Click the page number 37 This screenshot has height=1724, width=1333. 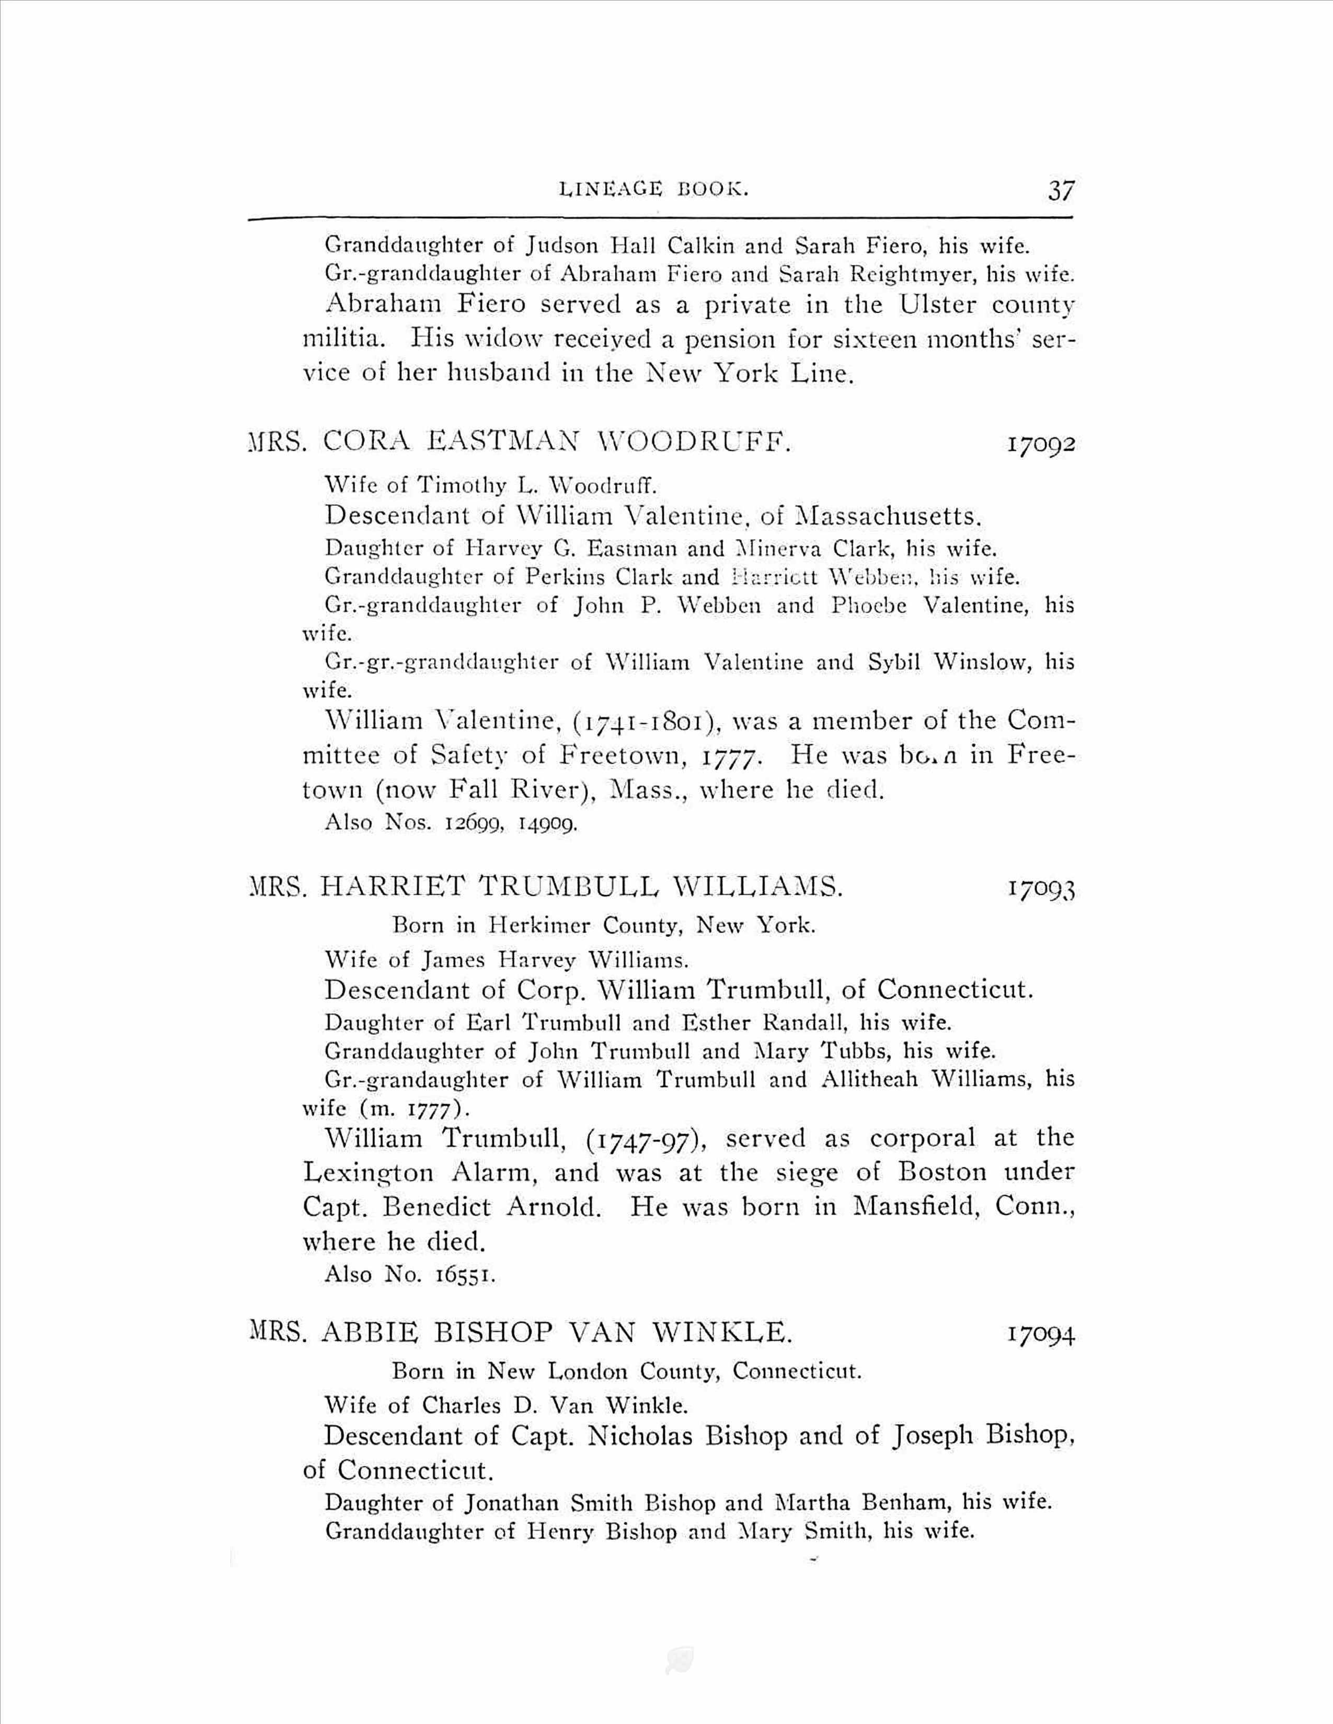pyautogui.click(x=1061, y=191)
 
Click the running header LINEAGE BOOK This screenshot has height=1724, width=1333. pyautogui.click(x=653, y=190)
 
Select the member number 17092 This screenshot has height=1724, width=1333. pyautogui.click(x=1041, y=445)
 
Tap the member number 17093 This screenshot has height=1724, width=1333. pyautogui.click(x=1041, y=890)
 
